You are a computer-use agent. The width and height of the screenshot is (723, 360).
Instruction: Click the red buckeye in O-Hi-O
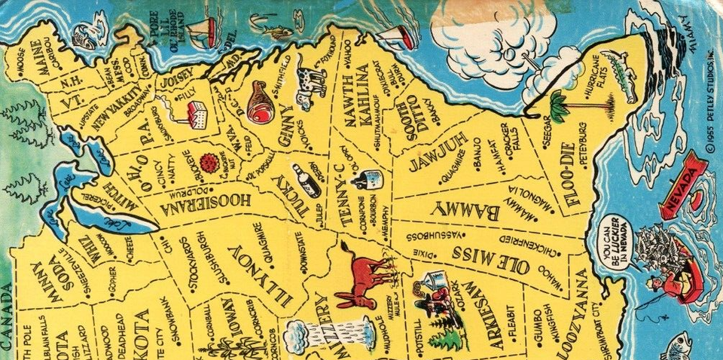pos(208,162)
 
